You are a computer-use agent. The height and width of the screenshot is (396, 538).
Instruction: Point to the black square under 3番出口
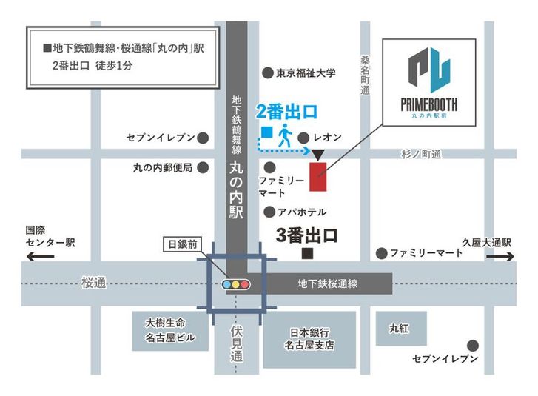tap(306, 254)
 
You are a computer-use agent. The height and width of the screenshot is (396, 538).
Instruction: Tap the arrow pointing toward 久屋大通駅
tap(501, 257)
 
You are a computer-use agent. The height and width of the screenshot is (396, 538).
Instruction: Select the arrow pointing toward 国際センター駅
tap(41, 257)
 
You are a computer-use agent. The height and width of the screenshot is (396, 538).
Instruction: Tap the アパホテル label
tap(302, 212)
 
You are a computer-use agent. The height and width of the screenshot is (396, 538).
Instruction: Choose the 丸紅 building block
tap(400, 327)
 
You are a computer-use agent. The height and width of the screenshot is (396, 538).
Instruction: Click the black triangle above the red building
tap(318, 154)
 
